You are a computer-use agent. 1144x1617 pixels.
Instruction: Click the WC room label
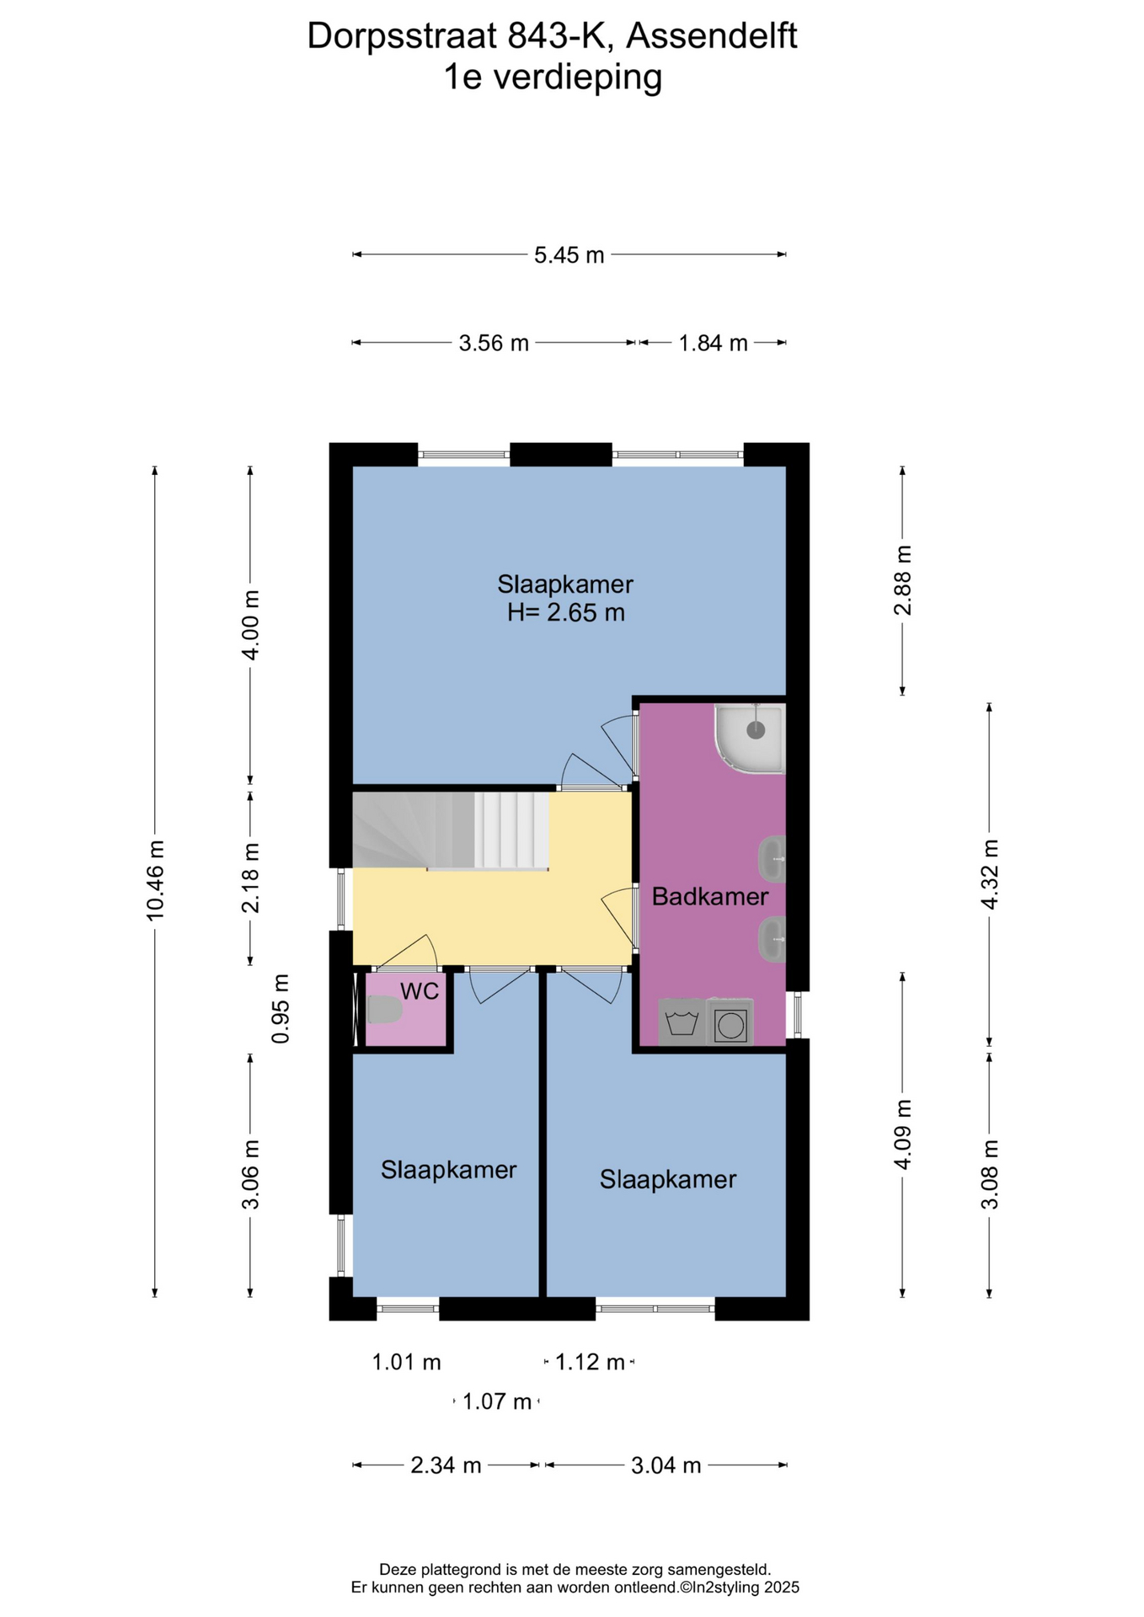(420, 991)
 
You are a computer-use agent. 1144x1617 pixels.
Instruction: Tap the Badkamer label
(710, 897)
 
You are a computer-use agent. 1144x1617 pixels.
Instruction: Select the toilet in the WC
(382, 1009)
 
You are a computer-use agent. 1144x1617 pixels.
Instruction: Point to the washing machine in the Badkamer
(730, 1022)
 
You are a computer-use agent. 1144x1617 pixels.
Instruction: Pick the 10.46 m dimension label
(155, 880)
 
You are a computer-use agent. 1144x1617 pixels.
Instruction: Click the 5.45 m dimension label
(569, 255)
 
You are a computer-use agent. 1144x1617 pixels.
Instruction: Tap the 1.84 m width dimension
(714, 344)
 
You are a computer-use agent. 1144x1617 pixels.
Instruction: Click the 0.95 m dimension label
(281, 1009)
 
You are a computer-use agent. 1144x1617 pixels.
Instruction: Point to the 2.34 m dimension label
(446, 1466)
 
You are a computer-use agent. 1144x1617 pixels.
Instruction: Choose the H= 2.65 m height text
(566, 612)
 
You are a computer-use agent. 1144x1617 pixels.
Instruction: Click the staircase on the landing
(451, 830)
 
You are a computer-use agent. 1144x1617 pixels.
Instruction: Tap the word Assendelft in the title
(712, 36)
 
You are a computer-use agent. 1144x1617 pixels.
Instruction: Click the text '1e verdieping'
(553, 77)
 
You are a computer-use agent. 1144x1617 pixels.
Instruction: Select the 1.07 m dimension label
(497, 1402)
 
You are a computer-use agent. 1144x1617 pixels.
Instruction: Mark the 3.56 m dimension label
(494, 344)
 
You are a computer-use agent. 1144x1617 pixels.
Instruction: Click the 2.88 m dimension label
(902, 581)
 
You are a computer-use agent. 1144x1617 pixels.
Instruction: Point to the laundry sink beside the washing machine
(682, 1022)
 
